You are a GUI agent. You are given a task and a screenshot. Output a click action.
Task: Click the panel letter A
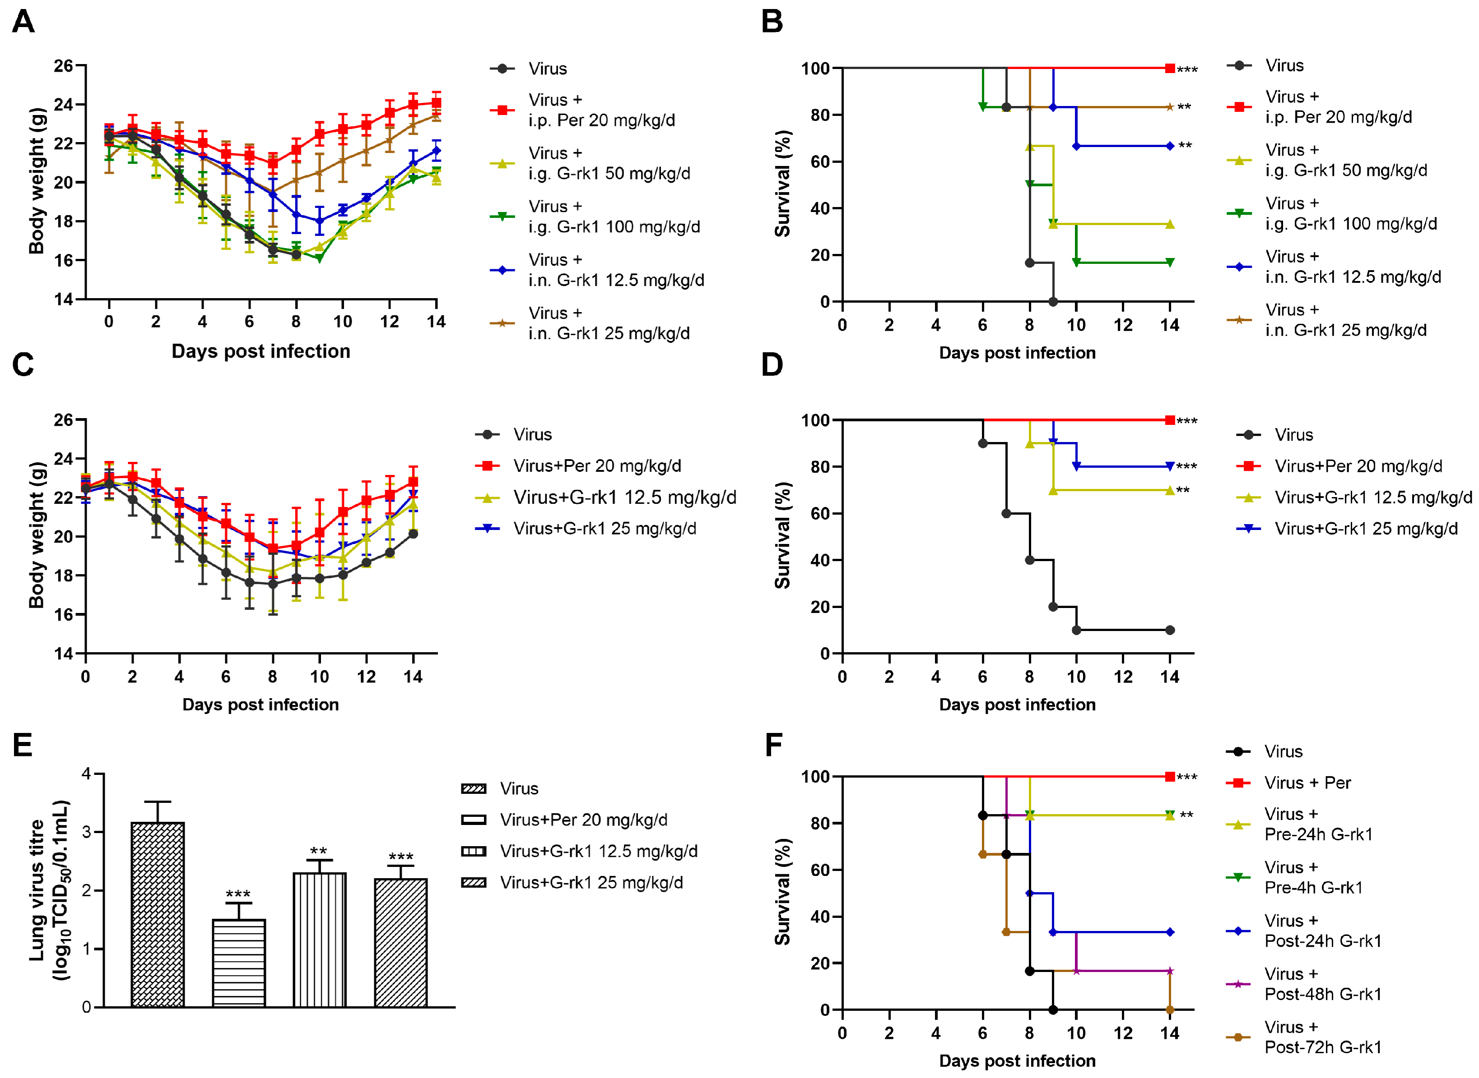23,22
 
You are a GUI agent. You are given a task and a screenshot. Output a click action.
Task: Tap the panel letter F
773,745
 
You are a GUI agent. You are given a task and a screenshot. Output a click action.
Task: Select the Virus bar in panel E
158,913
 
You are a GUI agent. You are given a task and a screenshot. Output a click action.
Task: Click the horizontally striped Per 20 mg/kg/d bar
238,963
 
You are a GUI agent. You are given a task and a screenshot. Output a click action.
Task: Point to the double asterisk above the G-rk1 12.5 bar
319,851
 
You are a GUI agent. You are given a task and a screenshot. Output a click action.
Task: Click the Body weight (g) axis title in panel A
37,181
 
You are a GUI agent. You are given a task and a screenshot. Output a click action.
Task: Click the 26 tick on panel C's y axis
63,419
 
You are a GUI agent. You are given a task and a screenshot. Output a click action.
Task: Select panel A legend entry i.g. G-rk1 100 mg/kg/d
614,217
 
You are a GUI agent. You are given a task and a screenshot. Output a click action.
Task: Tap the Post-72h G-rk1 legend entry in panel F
1322,1037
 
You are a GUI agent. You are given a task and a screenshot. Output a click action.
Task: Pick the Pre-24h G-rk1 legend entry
1318,824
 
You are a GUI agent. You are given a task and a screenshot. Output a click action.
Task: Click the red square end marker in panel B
1169,68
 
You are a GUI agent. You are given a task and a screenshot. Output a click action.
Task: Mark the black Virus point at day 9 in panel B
1053,301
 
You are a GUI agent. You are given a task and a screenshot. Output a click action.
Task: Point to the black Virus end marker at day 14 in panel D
1169,630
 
